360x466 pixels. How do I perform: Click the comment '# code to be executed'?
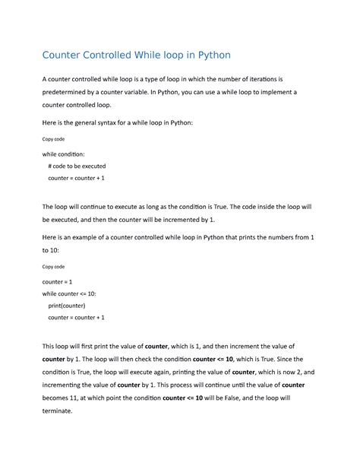pos(77,166)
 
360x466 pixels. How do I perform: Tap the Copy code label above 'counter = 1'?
pos(53,267)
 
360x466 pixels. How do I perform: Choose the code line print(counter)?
pos(68,306)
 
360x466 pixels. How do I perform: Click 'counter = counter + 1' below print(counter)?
pos(76,318)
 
